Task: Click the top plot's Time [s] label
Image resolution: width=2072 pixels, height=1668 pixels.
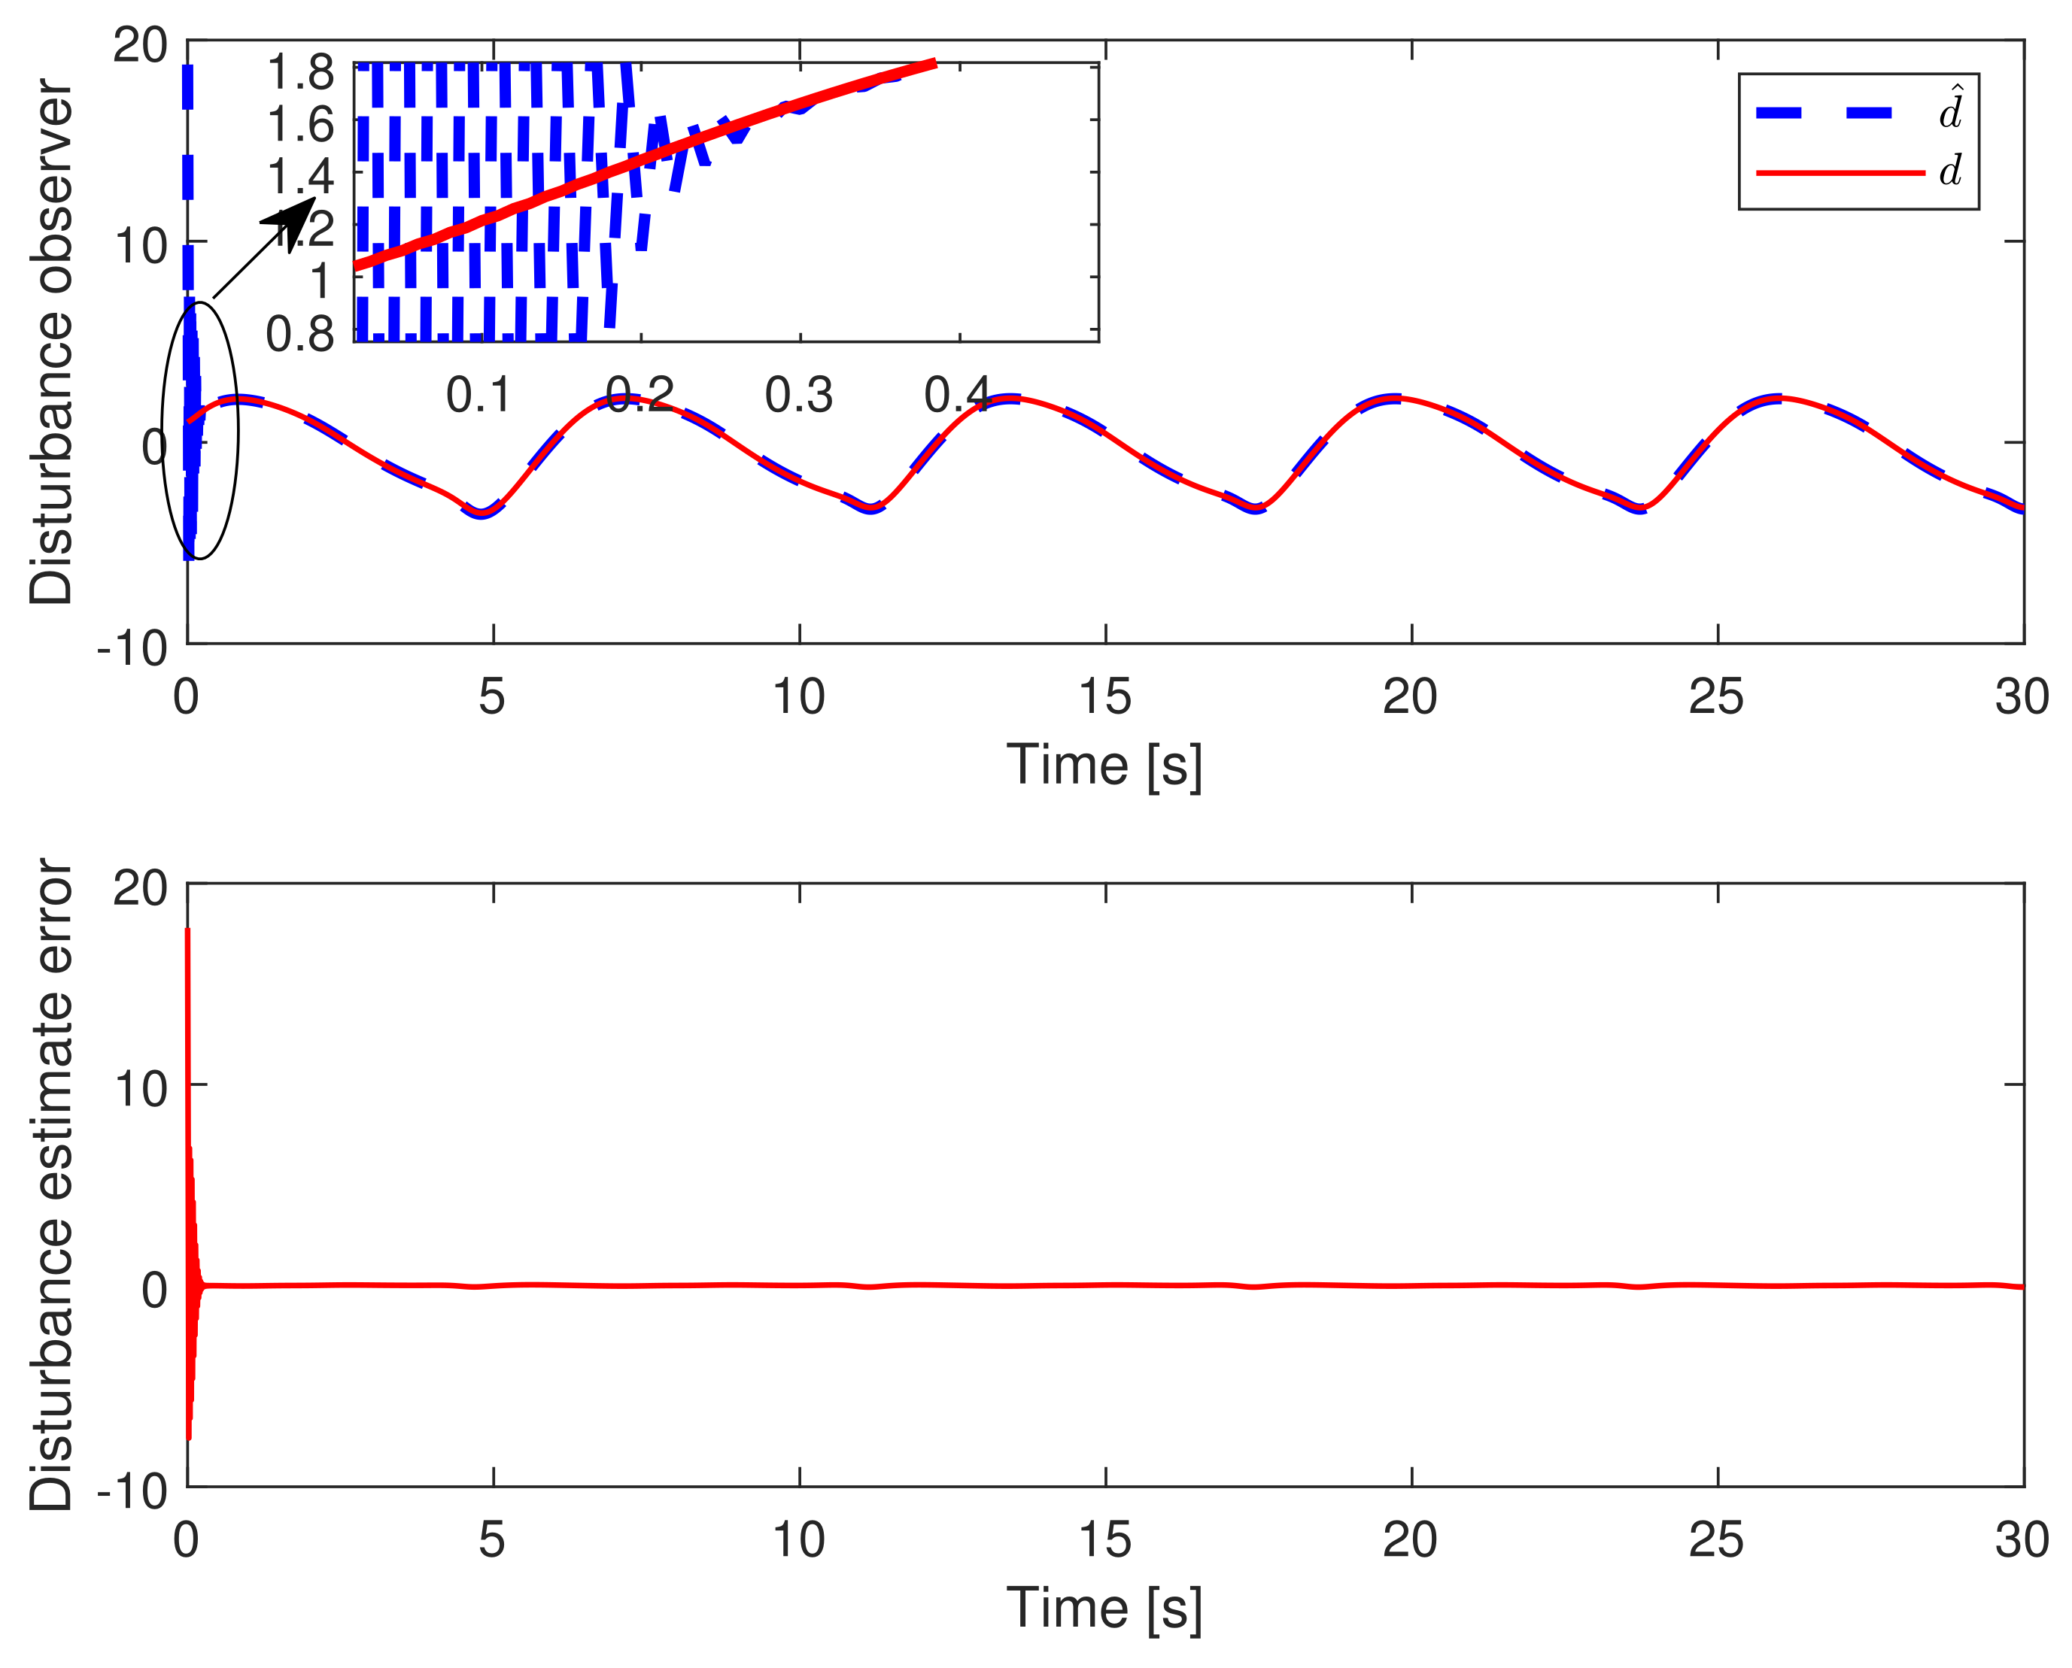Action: [x=1104, y=765]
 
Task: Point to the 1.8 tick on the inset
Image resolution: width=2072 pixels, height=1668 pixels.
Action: [x=300, y=72]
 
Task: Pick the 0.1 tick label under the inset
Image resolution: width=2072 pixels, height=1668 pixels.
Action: [x=479, y=395]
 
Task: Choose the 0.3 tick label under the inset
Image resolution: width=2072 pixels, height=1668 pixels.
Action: [x=798, y=395]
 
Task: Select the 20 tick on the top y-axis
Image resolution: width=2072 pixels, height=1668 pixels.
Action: [x=140, y=44]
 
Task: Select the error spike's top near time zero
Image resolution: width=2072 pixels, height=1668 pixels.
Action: [x=187, y=930]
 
